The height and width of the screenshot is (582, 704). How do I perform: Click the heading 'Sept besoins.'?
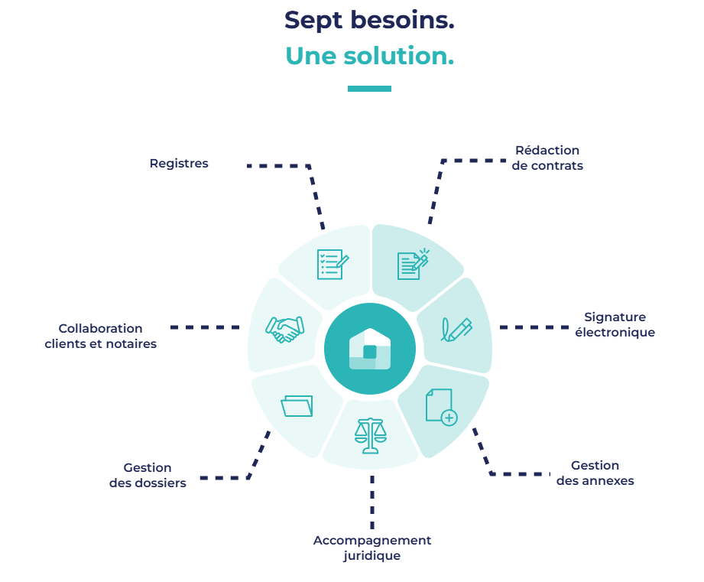pos(369,21)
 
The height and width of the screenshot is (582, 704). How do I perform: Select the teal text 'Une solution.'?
pos(369,56)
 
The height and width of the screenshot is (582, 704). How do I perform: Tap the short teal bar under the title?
pos(369,89)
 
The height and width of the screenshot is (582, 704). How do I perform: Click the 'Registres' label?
pos(179,164)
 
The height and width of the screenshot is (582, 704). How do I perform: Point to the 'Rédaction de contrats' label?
pos(547,158)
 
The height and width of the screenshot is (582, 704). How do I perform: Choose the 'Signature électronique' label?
pos(615,324)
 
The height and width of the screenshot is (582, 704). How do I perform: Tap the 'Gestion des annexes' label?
pos(595,473)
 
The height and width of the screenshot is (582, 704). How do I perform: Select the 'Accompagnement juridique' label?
pos(372,548)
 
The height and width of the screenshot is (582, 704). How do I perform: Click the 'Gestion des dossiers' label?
pos(148,475)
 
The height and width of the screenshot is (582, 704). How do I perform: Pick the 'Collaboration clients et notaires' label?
pos(101,336)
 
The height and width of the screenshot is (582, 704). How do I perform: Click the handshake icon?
pos(284,329)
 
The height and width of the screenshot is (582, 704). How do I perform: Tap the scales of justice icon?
pos(371,436)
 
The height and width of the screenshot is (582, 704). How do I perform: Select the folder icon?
pos(297,405)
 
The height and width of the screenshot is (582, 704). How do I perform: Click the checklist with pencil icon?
pos(333,264)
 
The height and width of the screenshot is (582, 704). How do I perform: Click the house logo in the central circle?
pos(370,349)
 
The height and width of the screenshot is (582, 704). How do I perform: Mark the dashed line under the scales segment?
pos(372,501)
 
